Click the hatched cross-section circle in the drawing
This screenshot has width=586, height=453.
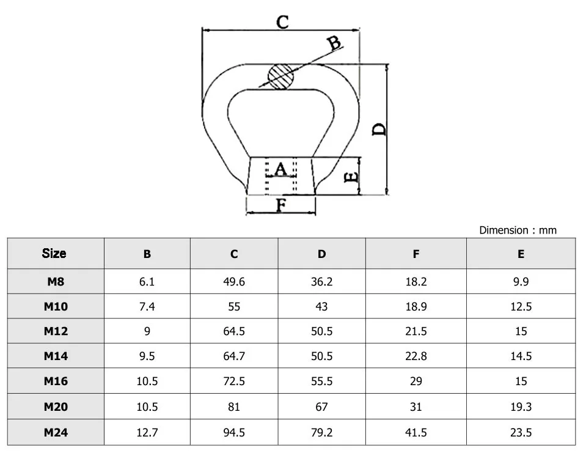pyautogui.click(x=281, y=77)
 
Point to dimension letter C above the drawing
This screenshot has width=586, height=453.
pyautogui.click(x=282, y=23)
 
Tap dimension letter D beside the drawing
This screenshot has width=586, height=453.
pyautogui.click(x=379, y=129)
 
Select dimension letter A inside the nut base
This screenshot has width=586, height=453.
pyautogui.click(x=280, y=169)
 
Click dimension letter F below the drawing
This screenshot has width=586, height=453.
pyautogui.click(x=281, y=205)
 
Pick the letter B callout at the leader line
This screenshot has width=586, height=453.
pyautogui.click(x=334, y=43)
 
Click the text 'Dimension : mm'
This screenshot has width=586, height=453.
pyautogui.click(x=518, y=230)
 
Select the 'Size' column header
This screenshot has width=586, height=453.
pyautogui.click(x=54, y=254)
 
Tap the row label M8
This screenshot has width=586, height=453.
pyautogui.click(x=56, y=282)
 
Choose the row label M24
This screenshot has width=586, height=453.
pyautogui.click(x=56, y=432)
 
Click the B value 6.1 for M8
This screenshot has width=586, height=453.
pyautogui.click(x=147, y=282)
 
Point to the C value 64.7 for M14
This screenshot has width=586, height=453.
pyautogui.click(x=234, y=356)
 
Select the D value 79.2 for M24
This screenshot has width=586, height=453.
pyautogui.click(x=321, y=432)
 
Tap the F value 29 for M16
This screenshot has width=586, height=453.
pyautogui.click(x=416, y=381)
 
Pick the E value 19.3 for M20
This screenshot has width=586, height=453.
pyautogui.click(x=521, y=407)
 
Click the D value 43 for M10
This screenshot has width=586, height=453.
pyautogui.click(x=321, y=307)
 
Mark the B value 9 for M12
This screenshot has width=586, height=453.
pyautogui.click(x=147, y=331)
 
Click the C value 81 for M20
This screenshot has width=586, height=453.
pyautogui.click(x=234, y=407)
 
